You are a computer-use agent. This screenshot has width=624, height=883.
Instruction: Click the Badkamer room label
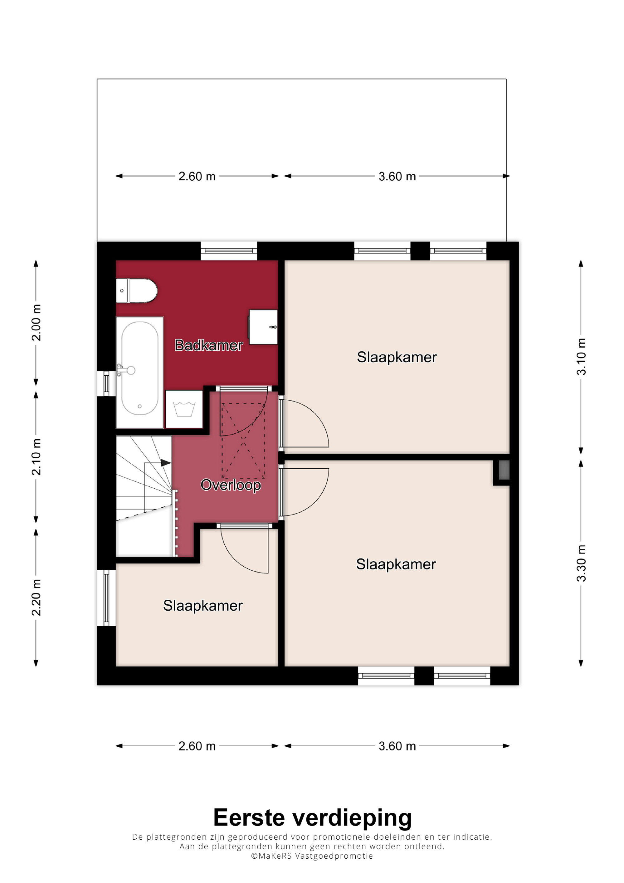pos(208,345)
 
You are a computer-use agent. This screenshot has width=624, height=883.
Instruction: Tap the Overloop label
pos(231,485)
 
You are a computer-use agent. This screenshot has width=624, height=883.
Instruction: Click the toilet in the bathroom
pos(136,291)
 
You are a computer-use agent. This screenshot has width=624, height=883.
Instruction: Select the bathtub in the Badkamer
pos(139,372)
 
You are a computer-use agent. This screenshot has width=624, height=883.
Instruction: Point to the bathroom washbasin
pos(263,327)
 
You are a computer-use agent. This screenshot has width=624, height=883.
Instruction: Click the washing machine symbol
pos(184,409)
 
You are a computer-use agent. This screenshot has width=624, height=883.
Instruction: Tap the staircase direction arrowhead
pos(166,463)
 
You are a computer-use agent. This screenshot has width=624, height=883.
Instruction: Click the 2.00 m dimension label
pos(36,322)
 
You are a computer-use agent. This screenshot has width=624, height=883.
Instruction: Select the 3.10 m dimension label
pos(581,357)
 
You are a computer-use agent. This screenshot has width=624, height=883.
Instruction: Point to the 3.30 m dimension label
pos(581,563)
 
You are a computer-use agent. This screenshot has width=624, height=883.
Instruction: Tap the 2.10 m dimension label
pos(36,456)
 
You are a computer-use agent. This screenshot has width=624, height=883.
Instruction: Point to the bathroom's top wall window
pos(229,251)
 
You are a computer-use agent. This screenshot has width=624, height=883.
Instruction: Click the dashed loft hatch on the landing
pos(243,441)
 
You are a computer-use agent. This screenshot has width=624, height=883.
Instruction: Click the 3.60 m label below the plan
pos(397,746)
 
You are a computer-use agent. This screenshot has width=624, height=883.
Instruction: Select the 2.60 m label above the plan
pos(197,176)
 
